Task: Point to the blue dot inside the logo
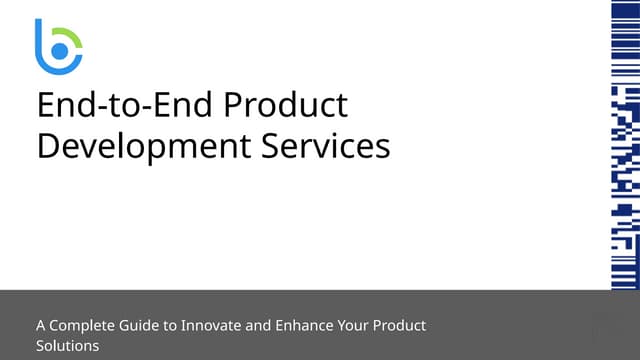pyautogui.click(x=59, y=50)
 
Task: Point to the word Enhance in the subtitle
pyautogui.click(x=313, y=326)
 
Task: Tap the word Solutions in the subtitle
pyautogui.click(x=67, y=346)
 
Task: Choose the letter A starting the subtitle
pyautogui.click(x=41, y=326)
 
